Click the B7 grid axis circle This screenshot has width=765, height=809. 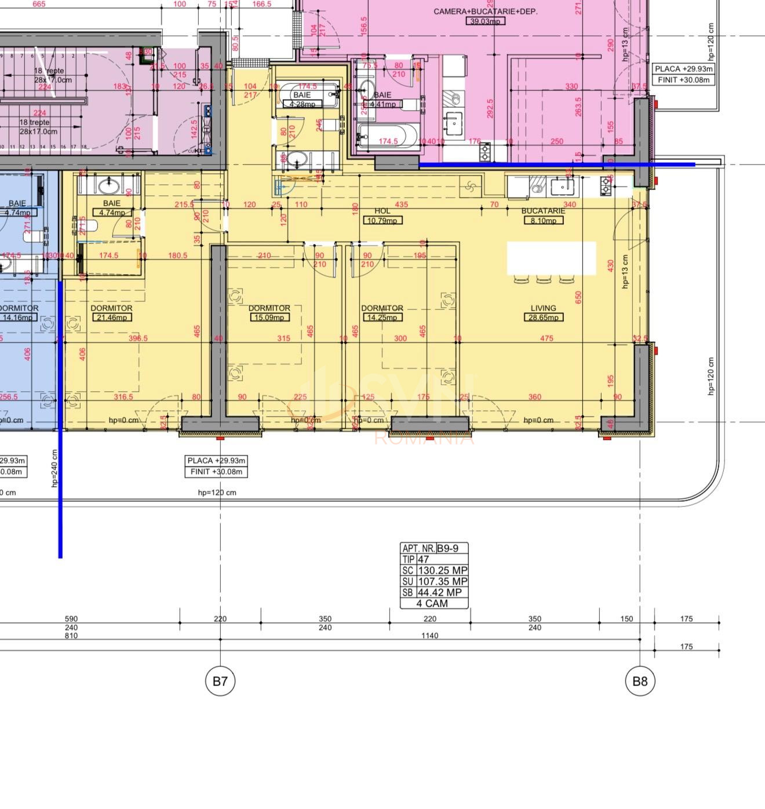(220, 681)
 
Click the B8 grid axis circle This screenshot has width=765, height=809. (640, 681)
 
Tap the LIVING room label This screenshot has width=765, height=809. (543, 308)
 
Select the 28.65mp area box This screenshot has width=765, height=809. (543, 317)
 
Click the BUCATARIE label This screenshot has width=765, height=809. (543, 212)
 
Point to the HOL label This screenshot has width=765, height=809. (382, 211)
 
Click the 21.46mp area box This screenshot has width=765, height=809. (112, 317)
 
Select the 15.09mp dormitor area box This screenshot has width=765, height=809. (269, 317)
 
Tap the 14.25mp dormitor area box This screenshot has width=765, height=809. (382, 317)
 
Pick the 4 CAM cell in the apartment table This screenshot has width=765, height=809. (432, 603)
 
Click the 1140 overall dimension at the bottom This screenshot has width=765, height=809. (430, 636)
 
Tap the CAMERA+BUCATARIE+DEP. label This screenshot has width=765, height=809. (485, 12)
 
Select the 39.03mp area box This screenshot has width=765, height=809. (485, 21)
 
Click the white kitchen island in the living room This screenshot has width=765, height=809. (551, 258)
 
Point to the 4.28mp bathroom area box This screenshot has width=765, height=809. (302, 104)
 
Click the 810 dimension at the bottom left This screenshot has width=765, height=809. (71, 636)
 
